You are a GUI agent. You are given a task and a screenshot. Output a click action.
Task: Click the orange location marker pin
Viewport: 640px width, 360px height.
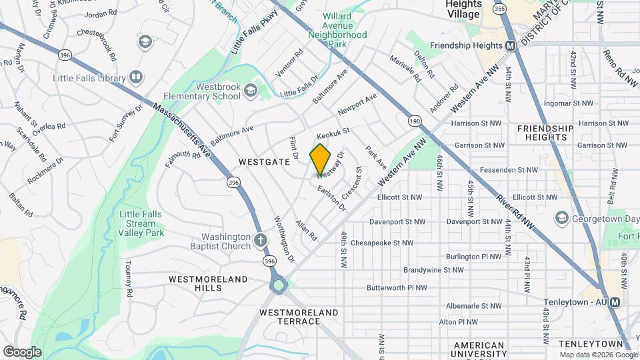point(320,159)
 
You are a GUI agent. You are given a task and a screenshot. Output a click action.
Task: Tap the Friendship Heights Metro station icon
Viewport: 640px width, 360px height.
point(511,45)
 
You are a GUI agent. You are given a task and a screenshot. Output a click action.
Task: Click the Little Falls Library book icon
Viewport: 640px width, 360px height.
point(136,78)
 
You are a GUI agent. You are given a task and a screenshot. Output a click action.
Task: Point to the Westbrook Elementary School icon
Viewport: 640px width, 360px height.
point(250,90)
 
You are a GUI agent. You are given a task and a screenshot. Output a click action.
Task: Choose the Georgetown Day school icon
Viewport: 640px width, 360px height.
point(561,218)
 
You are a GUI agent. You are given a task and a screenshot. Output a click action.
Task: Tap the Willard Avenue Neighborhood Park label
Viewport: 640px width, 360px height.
point(344,29)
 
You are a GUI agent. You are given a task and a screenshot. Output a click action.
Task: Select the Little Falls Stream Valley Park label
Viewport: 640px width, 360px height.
point(141,223)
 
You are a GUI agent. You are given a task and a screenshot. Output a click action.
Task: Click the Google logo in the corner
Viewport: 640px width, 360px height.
point(22,351)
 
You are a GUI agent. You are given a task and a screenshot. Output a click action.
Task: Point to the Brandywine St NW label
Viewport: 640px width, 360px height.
point(433,270)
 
